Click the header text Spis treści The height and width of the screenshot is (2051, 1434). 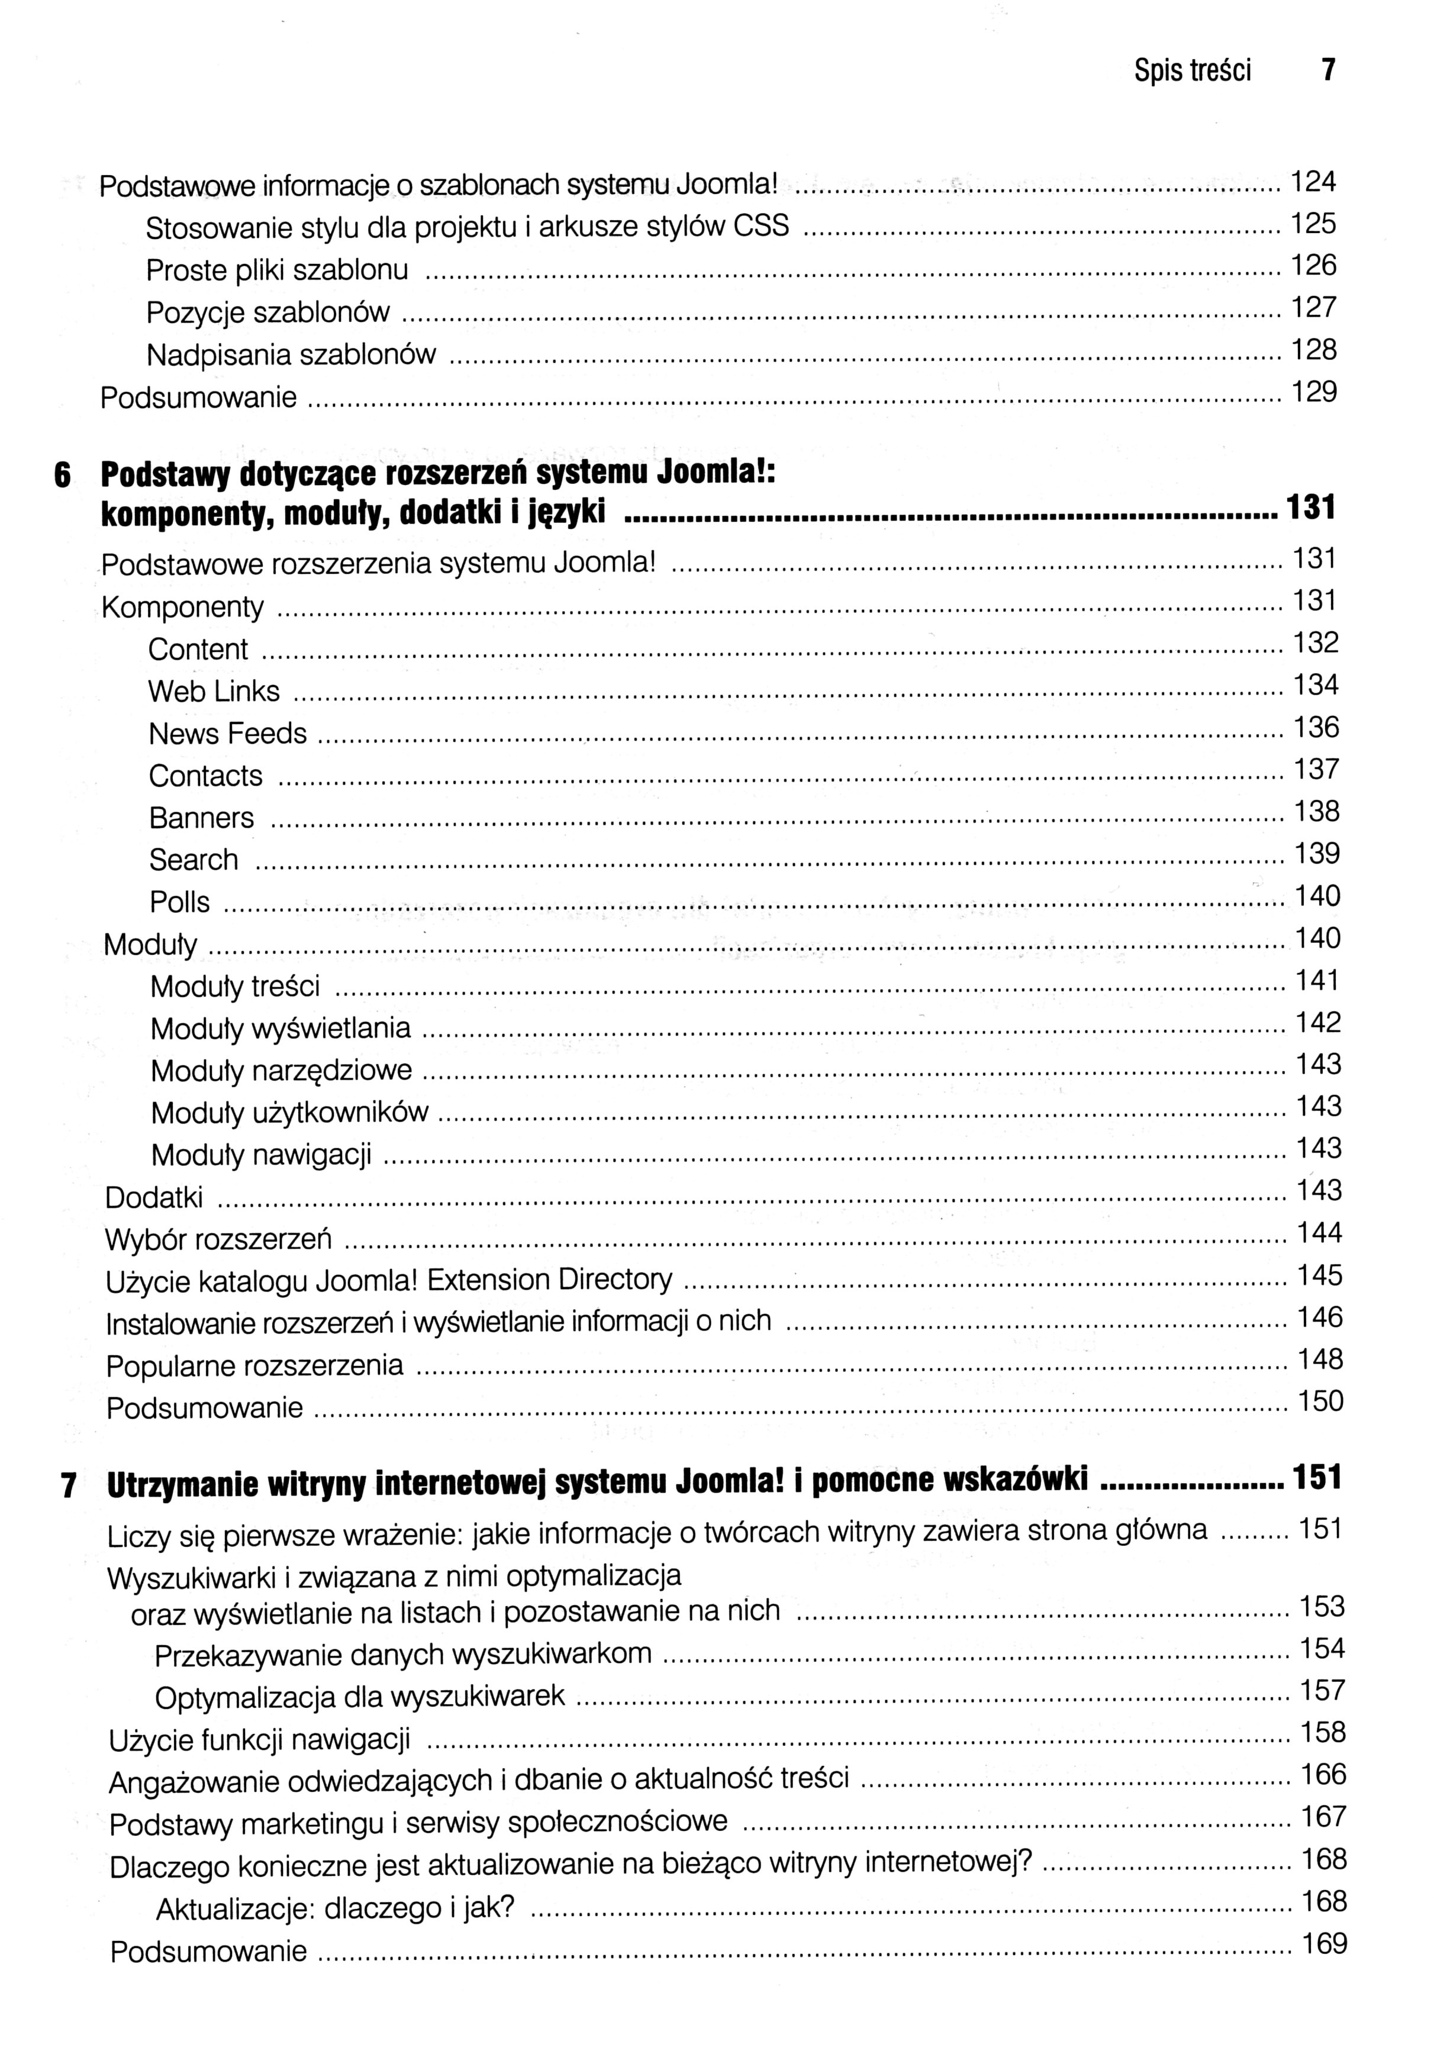1192,70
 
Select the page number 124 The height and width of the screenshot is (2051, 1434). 1313,182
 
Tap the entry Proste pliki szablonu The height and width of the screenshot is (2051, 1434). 277,270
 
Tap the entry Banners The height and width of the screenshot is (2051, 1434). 201,818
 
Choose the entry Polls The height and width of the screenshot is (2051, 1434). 179,902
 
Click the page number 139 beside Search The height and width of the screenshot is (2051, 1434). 1317,854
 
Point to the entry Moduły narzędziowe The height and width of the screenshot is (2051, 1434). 282,1070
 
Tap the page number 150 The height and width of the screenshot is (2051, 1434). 1320,1401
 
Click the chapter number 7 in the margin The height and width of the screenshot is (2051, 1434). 68,1485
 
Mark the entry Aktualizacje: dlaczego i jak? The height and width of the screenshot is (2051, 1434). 335,1908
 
